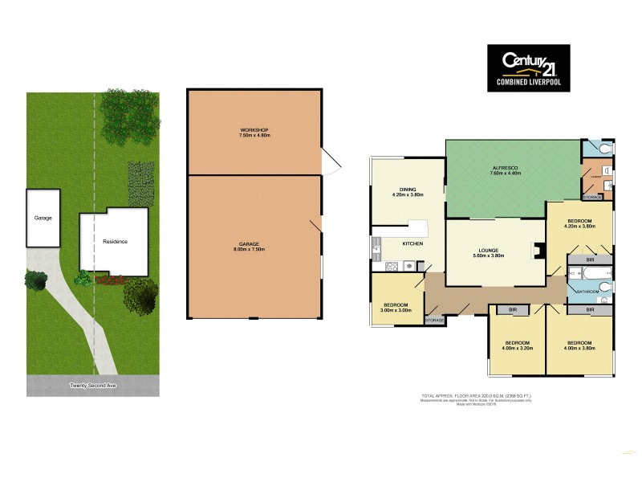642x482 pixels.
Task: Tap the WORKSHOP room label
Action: click(253, 130)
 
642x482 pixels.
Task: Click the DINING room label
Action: click(407, 190)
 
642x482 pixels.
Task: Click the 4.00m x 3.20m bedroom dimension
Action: click(516, 347)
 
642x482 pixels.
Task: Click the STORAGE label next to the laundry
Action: click(592, 196)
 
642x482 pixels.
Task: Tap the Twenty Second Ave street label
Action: click(93, 386)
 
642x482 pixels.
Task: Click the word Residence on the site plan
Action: click(115, 241)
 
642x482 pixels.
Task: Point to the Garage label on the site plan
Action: click(43, 218)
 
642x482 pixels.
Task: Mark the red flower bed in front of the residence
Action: click(108, 280)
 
